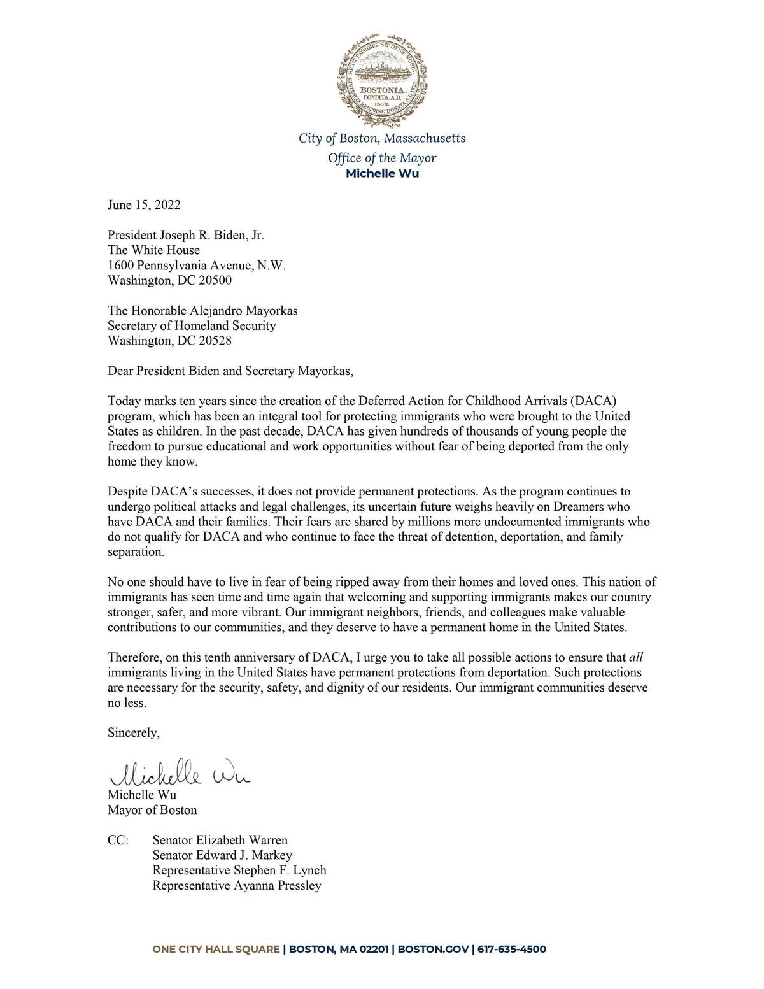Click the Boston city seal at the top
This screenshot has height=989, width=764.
tap(382, 76)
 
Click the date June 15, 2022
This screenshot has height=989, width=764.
tap(144, 205)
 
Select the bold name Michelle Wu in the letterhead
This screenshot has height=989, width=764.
tap(382, 174)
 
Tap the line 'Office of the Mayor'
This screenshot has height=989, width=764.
tap(382, 158)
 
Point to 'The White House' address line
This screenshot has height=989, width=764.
tap(153, 250)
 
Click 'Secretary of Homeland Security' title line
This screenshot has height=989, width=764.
tap(192, 325)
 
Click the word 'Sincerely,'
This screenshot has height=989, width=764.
tap(134, 732)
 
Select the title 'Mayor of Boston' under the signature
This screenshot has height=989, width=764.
tap(152, 810)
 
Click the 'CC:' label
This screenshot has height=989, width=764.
tap(118, 841)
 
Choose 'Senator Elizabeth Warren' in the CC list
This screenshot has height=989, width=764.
tap(220, 841)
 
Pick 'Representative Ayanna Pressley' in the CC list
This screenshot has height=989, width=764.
tap(237, 886)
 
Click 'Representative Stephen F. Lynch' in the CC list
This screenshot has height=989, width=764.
tap(239, 871)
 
